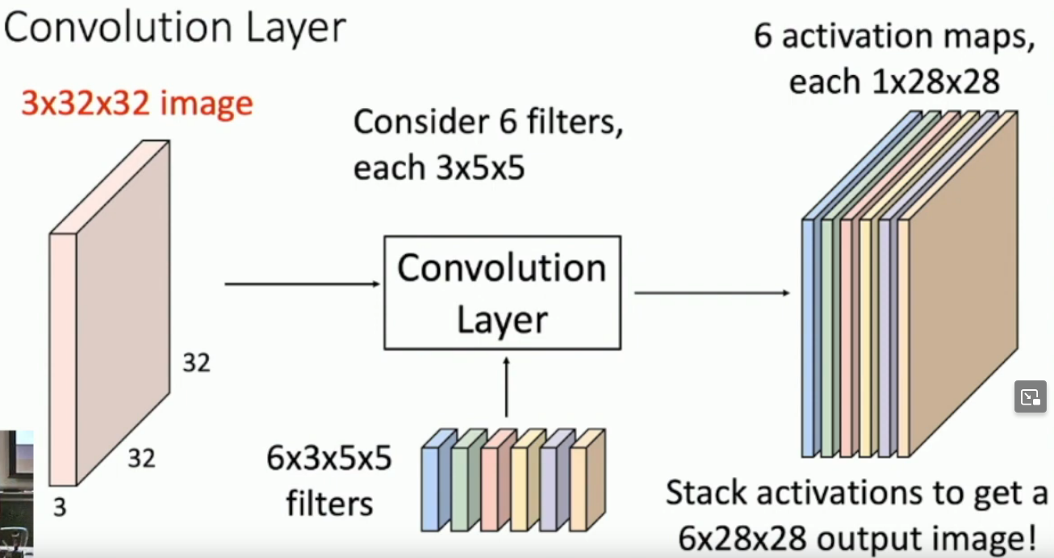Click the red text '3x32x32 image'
[137, 105]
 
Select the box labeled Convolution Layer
[502, 292]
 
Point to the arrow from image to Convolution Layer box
[303, 284]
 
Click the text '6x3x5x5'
[329, 460]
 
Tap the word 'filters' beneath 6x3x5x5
[329, 503]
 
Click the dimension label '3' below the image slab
[60, 508]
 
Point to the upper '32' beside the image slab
[196, 363]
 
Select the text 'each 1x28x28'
[894, 82]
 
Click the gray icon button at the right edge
[1030, 397]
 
